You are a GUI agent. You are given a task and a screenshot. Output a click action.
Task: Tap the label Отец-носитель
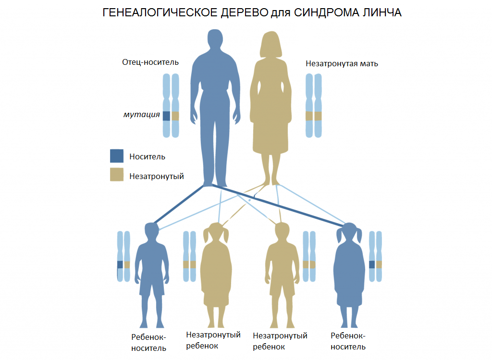pos(150,62)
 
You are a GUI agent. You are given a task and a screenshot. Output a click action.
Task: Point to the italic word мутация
pos(141,115)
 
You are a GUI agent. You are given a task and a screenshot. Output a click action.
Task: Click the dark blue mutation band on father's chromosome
pos(166,116)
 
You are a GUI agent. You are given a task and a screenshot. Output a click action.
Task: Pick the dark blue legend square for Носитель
pos(117,156)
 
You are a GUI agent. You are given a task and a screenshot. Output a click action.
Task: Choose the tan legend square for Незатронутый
pos(117,175)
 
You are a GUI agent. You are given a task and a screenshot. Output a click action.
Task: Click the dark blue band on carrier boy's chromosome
pos(120,264)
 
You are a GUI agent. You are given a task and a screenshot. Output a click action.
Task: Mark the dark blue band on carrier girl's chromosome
pos(372,264)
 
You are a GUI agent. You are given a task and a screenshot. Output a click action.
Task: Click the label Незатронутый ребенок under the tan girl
pos(213,340)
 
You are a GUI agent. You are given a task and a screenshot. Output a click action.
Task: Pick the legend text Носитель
pos(147,156)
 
